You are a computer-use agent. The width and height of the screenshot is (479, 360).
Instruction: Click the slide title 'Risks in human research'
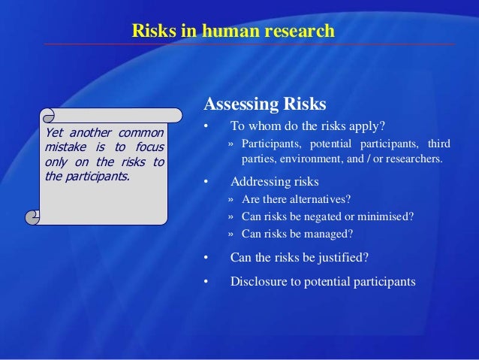click(x=233, y=32)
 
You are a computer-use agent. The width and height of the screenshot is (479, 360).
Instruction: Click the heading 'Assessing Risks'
click(x=265, y=104)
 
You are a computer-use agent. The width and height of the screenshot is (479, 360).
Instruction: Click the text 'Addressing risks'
click(x=274, y=182)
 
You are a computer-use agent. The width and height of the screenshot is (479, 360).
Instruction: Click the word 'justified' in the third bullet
click(x=343, y=258)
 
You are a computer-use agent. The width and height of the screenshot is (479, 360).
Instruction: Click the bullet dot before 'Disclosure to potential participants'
click(x=206, y=283)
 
